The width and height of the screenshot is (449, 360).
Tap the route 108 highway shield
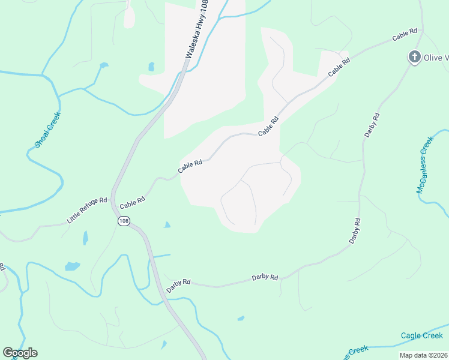[124, 221]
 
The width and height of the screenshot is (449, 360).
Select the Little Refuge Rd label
[87, 211]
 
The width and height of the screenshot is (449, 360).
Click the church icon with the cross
[414, 57]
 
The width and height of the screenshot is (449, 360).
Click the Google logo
[20, 353]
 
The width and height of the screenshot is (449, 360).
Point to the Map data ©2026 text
[423, 355]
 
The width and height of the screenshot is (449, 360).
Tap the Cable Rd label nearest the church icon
[405, 35]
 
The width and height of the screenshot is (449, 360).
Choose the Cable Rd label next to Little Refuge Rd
[133, 204]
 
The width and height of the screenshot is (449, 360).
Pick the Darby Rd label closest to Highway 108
[178, 281]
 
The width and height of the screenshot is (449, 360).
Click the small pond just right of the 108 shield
[167, 225]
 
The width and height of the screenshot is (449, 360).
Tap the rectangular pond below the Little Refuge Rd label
[72, 266]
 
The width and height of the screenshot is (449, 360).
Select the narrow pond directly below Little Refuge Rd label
[85, 238]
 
